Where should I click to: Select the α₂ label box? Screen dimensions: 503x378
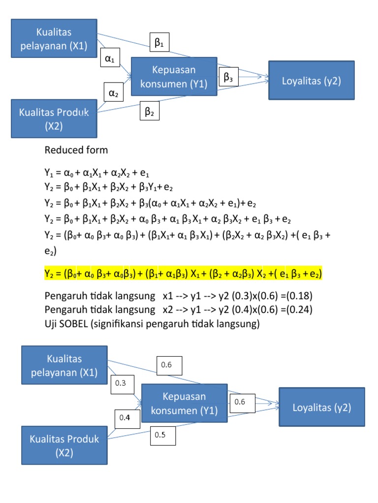coord(114,93)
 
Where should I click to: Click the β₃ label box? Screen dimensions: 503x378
coord(228,77)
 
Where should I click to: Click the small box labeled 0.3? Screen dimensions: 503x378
coord(122,383)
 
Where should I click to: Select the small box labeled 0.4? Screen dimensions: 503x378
coord(125,418)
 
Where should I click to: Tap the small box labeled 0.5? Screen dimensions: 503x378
coord(162,435)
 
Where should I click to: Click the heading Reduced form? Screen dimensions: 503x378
coord(76,149)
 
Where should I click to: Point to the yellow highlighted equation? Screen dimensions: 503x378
coord(183,274)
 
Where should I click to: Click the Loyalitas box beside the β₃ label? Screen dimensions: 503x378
coord(311,81)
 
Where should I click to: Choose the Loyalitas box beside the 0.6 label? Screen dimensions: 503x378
coord(321,407)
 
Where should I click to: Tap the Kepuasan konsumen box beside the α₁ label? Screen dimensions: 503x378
coord(173,77)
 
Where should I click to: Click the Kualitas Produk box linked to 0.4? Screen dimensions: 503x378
coord(64,445)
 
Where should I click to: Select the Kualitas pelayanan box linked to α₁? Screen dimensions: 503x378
coord(54,39)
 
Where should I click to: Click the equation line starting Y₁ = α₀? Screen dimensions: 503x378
coord(97,173)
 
